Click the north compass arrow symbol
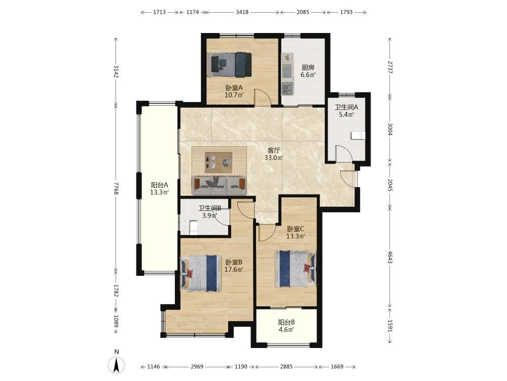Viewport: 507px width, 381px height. pos(117,365)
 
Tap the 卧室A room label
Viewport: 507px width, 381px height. pos(234,87)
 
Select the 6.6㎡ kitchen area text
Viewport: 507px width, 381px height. pos(308,75)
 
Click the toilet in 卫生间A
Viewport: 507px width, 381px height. pos(358,136)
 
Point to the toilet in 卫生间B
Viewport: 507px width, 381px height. pos(193,227)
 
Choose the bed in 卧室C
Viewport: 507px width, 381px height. pos(295,269)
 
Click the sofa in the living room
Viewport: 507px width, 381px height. pos(219,185)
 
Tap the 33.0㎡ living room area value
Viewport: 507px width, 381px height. pos(274,158)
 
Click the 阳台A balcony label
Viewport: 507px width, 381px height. pos(159,185)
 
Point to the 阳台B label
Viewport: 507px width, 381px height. pos(286,323)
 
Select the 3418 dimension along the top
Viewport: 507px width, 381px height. pos(242,12)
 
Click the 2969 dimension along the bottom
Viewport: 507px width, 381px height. pos(197,366)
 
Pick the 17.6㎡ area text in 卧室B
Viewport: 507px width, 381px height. pos(233,269)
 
